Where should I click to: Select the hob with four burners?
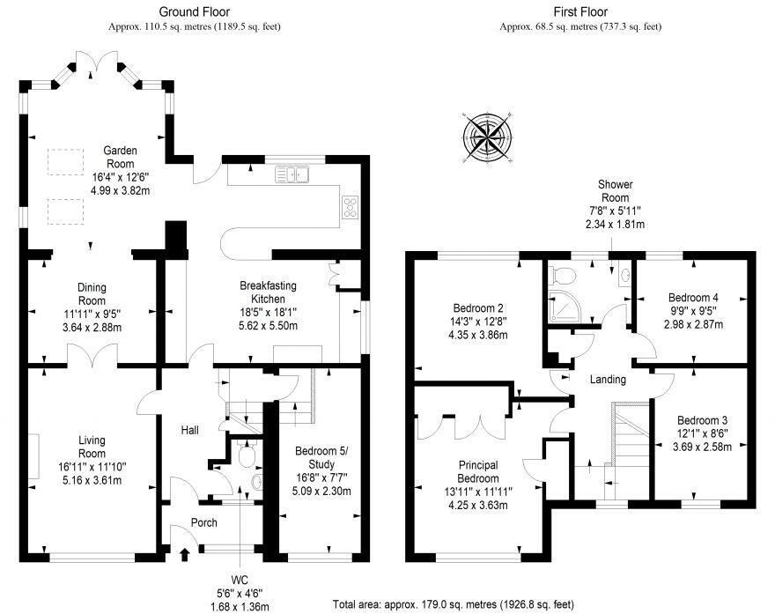(x=350, y=206)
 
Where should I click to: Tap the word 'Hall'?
(x=189, y=430)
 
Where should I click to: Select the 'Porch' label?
(x=203, y=522)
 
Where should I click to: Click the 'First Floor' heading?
(x=580, y=11)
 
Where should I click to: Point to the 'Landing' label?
(x=608, y=380)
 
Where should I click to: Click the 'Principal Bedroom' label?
(x=478, y=471)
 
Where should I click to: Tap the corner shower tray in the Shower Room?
(x=559, y=304)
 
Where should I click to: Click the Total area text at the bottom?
(x=454, y=605)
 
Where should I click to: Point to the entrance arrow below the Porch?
(x=184, y=554)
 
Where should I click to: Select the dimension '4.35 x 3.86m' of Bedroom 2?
(x=476, y=335)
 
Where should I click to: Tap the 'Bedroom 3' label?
(x=702, y=421)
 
